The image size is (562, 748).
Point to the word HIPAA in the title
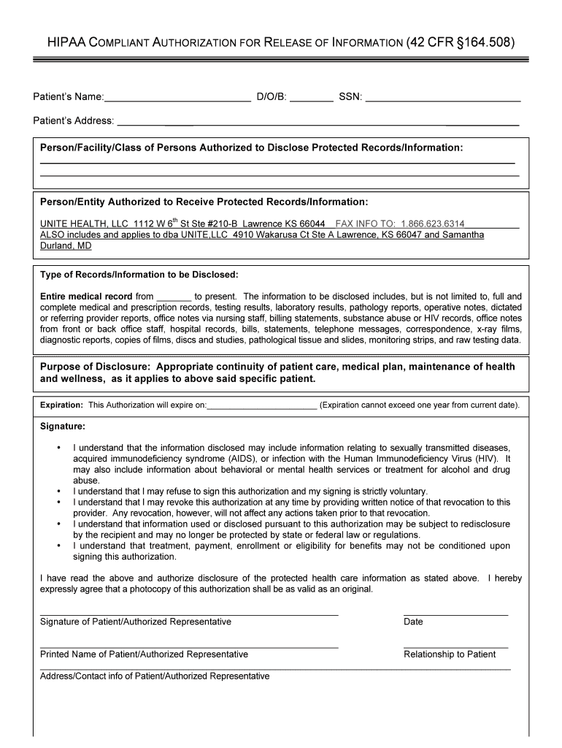67,43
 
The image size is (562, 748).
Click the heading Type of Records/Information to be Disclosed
139,275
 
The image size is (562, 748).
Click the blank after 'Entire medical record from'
174,297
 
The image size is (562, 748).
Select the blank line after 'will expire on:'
262,405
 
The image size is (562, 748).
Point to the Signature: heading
63,426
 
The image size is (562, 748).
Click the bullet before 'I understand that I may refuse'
58,492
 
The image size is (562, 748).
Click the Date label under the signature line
413,622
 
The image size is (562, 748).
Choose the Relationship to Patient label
450,654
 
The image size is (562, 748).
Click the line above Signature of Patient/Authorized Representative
189,614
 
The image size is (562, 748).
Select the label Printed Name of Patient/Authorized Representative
144,654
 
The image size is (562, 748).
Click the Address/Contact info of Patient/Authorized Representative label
155,676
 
